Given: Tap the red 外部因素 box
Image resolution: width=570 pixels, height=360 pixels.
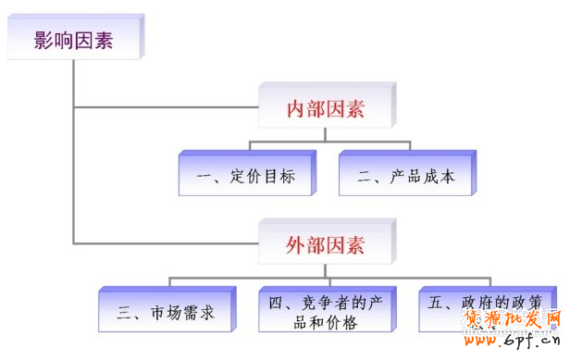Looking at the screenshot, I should tap(326, 245).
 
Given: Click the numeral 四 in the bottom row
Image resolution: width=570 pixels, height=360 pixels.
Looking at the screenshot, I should tap(275, 303).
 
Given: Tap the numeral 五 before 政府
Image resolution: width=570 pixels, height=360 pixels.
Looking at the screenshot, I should tap(436, 303).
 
